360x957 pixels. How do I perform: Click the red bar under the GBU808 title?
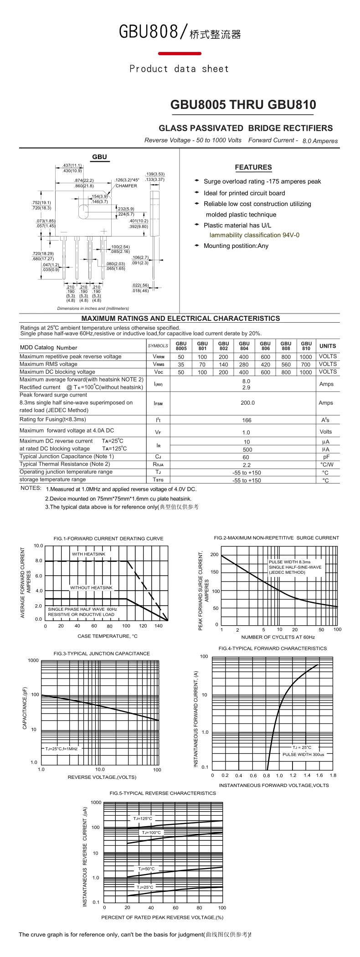[180, 54]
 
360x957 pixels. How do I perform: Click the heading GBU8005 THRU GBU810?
[243, 105]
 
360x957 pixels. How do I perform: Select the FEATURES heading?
[253, 167]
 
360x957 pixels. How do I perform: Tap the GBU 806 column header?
[265, 346]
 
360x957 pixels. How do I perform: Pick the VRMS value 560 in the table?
[286, 365]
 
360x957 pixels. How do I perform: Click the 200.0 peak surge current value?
[248, 403]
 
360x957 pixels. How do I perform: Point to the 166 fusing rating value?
[247, 420]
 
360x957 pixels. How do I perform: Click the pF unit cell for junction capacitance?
[326, 457]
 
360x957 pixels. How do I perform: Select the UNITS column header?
[328, 346]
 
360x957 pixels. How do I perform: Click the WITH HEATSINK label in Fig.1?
[88, 554]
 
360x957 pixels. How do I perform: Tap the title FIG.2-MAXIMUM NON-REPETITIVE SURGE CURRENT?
[277, 538]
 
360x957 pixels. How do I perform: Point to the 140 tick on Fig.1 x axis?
[159, 626]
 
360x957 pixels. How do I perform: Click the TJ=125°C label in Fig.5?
[143, 818]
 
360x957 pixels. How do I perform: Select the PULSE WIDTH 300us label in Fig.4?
[303, 754]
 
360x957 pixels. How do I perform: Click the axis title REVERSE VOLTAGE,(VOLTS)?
[102, 777]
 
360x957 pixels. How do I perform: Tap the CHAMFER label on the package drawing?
[126, 186]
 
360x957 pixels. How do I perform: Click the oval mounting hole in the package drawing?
[84, 212]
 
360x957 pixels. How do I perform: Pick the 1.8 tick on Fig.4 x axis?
[333, 775]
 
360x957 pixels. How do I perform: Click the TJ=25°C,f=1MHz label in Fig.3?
[61, 748]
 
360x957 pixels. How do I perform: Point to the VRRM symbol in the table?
[159, 357]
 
